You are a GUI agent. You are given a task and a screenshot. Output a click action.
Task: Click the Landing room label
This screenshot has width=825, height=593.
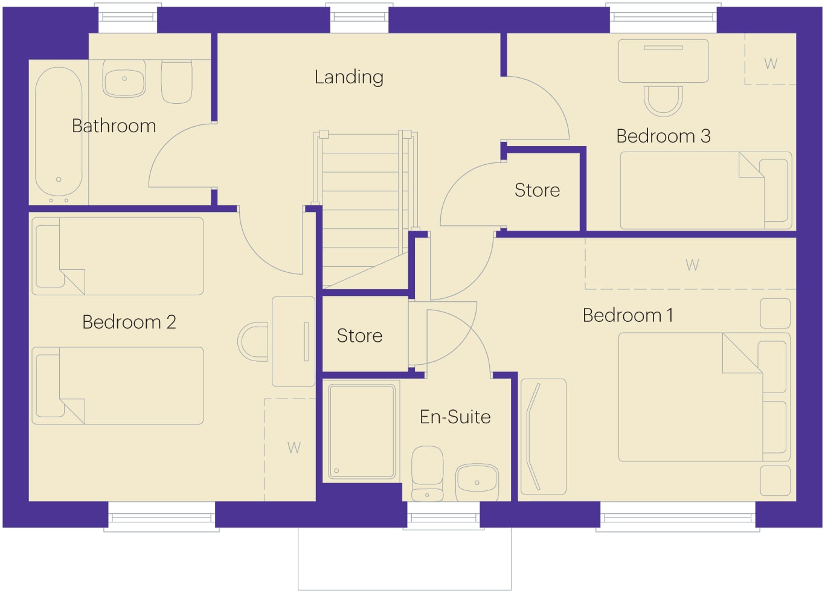tap(349, 77)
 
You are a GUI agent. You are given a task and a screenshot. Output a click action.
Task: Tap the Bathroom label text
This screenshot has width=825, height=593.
tap(114, 126)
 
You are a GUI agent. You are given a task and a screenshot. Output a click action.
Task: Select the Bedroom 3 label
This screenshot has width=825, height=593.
tap(663, 136)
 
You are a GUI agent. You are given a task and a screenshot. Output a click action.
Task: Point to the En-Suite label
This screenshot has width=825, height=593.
tap(455, 417)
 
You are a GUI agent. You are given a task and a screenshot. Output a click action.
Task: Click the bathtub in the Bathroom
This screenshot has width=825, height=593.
tap(59, 132)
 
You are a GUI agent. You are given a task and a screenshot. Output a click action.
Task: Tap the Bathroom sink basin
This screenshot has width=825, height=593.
tap(124, 79)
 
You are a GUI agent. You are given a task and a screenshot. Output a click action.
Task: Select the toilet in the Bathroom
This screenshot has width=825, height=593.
tap(176, 82)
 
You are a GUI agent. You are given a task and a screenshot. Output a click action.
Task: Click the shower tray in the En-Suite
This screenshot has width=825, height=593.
tap(362, 432)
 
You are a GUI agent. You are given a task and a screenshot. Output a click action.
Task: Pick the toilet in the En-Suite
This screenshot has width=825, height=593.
tap(427, 474)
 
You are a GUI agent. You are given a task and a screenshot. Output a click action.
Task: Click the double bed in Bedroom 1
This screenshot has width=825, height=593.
tap(704, 397)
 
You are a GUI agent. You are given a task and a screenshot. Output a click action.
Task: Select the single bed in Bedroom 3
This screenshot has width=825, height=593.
tap(705, 190)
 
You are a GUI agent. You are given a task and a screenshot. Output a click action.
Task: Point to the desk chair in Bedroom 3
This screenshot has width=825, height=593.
tap(663, 101)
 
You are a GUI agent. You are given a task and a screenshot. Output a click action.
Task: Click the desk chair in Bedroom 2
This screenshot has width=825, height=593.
tap(253, 342)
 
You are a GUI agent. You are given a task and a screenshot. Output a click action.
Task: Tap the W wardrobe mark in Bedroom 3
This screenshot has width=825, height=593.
tap(771, 64)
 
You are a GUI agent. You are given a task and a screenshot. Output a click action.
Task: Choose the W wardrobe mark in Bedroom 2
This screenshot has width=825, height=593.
tap(294, 448)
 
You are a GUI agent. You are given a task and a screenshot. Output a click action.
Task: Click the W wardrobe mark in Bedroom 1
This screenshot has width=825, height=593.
tap(692, 265)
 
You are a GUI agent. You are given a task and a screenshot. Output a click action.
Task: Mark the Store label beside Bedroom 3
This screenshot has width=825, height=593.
tap(537, 190)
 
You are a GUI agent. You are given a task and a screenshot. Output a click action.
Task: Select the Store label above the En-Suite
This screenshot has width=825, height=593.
tap(359, 336)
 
